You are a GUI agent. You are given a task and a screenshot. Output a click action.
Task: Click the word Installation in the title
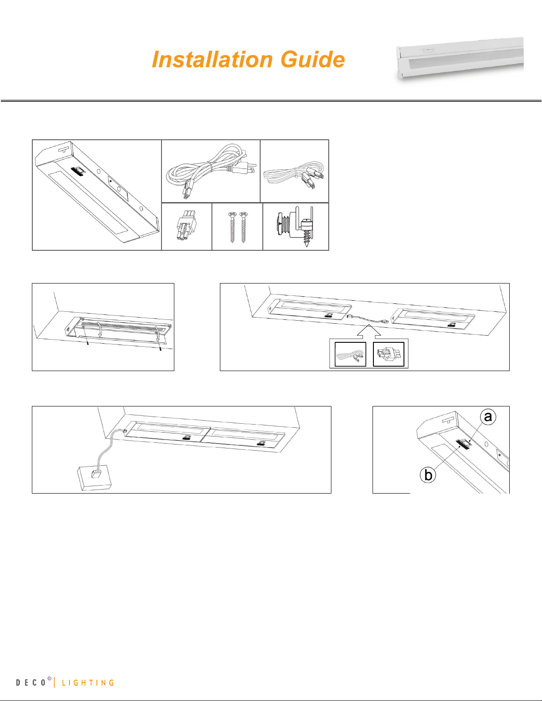213,60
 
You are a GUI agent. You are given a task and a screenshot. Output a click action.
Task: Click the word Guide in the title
313,60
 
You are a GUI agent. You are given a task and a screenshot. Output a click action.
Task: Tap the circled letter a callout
488,417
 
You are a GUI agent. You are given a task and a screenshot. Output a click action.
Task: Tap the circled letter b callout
428,475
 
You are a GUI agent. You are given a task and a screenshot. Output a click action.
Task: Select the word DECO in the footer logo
31,682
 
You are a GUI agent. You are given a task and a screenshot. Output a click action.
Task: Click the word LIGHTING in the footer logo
88,682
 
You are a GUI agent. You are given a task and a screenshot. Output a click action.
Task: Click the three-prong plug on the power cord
245,168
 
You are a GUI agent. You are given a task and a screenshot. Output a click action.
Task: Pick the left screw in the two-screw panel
232,227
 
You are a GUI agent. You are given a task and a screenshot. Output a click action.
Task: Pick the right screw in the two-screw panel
244,227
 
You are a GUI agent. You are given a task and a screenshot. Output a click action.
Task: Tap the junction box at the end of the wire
95,478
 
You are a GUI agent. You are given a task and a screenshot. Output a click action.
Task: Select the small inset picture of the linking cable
350,354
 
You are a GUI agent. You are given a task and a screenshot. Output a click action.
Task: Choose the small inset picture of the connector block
388,354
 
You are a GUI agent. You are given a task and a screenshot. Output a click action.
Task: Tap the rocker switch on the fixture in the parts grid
79,172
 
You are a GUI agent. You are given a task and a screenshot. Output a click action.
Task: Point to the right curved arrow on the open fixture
157,333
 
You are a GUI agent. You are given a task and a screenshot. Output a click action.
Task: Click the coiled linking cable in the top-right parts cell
294,175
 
